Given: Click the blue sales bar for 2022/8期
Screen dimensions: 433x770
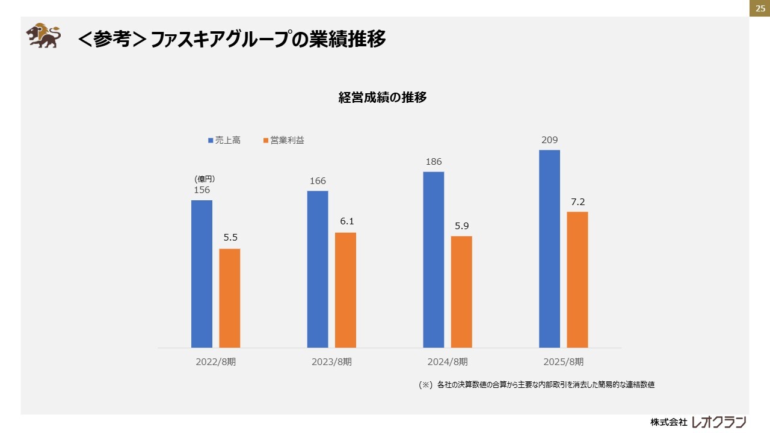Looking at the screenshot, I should coord(202,274).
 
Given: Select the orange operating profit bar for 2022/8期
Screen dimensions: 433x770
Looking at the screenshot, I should coord(230,298).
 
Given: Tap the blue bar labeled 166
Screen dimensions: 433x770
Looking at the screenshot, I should coord(318,269).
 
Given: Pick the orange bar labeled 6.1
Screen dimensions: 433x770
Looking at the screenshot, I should coord(345,290).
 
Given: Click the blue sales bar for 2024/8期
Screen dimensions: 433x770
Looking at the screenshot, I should coord(434,259).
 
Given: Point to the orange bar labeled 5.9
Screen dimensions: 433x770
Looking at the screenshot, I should coord(461,292).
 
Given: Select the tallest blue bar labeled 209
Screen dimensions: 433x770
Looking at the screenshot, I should coord(549,248).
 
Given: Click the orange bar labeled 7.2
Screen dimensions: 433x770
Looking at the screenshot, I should coord(577,280).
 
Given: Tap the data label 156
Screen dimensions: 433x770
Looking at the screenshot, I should coord(202,190).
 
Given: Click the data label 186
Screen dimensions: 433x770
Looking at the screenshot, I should coord(434,162).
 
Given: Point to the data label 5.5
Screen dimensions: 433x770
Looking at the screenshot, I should coord(230,238).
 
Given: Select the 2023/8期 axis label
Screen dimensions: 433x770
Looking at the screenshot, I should coord(331,362).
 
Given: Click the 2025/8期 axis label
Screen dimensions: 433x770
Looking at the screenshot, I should coord(563,362).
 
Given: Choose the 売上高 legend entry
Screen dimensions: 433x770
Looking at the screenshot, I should coord(224,140).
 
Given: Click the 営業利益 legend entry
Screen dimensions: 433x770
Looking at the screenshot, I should coord(284,140).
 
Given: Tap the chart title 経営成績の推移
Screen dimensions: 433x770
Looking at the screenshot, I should coord(383,97).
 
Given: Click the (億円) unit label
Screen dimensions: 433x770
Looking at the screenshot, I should coord(205,179).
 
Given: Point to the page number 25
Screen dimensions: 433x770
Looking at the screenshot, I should coord(760,8).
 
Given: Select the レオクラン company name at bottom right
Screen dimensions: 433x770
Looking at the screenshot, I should coord(719,422).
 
